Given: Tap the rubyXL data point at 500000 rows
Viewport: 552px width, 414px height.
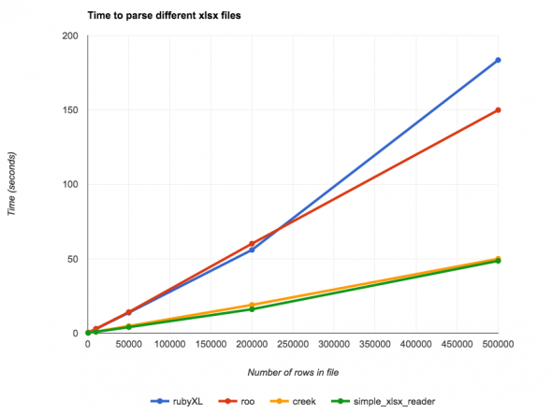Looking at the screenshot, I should point(498,60).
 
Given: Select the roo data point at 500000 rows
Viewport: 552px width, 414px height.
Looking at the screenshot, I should point(498,110).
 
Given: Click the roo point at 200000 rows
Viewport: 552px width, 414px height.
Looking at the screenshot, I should point(252,244).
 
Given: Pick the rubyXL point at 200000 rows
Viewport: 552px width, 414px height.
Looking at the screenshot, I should point(252,250).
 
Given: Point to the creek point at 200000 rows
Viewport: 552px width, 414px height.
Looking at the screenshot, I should point(252,305).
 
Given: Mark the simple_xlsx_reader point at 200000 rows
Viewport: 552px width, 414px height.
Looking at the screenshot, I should point(252,309).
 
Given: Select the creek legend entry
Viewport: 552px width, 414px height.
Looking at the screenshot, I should point(296,401).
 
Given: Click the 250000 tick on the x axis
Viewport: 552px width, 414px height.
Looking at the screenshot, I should point(293,344).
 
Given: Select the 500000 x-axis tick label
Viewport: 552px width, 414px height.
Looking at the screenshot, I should point(498,344).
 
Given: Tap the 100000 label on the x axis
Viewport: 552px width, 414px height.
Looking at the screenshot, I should point(169,344).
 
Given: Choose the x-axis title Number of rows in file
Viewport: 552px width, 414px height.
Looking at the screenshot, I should point(293,372).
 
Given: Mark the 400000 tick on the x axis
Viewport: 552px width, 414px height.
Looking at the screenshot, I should point(415,344).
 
